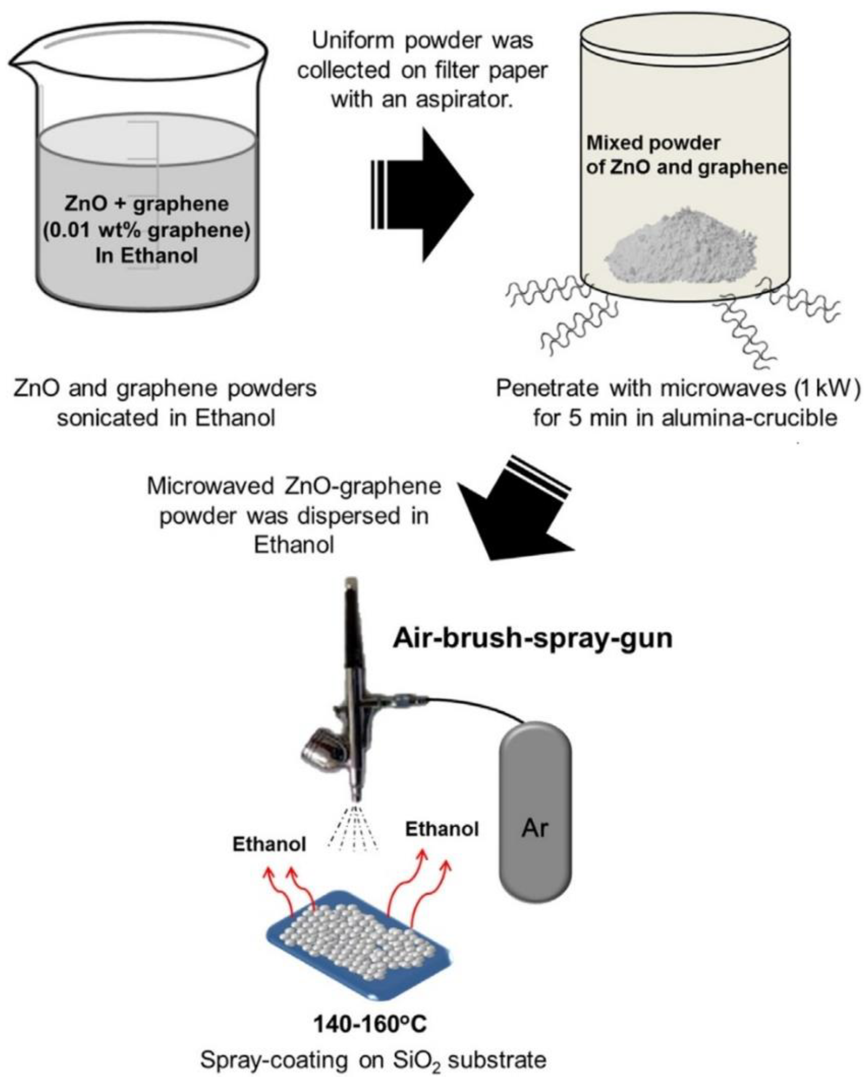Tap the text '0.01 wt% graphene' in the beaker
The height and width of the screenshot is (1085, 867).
click(147, 231)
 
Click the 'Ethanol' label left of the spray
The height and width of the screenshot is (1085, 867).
click(269, 844)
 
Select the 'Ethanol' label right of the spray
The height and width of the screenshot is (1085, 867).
click(442, 829)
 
